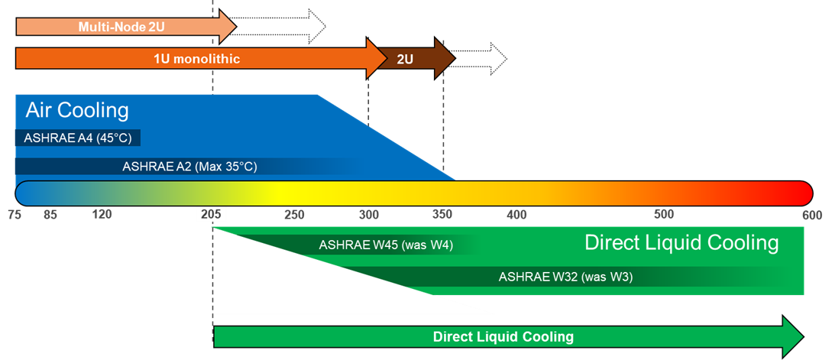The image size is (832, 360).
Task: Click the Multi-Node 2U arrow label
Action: coord(121,28)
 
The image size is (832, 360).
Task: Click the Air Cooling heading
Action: coord(77,110)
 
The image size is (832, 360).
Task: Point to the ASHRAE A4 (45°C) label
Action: coord(77,138)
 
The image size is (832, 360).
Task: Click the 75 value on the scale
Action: coord(15,215)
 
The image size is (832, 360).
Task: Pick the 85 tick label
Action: coord(50,215)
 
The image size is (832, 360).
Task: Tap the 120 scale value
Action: coord(102,215)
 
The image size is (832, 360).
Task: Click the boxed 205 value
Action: coord(212,215)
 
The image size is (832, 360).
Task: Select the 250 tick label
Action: coord(295,215)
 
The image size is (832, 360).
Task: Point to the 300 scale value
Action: coord(369,215)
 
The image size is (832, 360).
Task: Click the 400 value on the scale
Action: coord(516,215)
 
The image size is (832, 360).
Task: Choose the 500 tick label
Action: coord(664,215)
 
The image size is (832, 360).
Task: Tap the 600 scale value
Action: coord(811,215)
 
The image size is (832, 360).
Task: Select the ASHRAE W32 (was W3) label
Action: coord(565,276)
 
